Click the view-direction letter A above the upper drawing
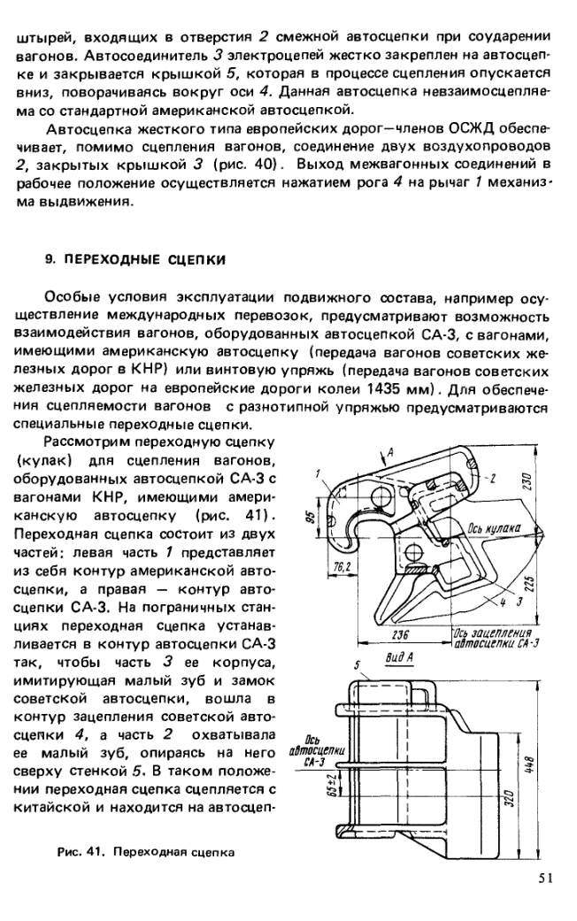(388, 451)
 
